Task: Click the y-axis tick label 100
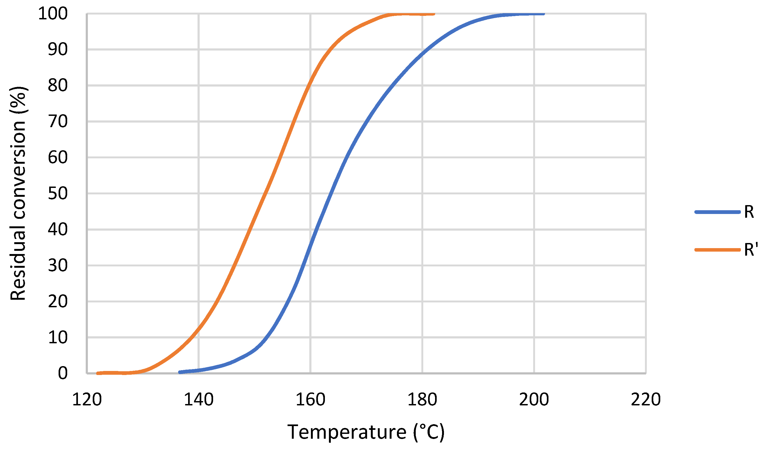tap(53, 14)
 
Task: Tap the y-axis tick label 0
tap(63, 373)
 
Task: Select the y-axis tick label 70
tap(58, 122)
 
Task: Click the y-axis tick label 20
tap(58, 301)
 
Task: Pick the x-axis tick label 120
tap(87, 400)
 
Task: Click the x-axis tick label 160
tap(310, 400)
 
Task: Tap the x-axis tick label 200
tap(534, 400)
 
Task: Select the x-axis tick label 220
tap(646, 400)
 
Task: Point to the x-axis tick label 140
tap(199, 400)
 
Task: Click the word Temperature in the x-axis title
tap(347, 432)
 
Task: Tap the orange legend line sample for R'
tap(717, 250)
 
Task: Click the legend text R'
tap(751, 250)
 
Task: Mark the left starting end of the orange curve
tap(98, 373)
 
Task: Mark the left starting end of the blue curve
tap(180, 372)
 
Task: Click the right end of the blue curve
tap(544, 14)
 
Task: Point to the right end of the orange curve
tap(434, 14)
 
